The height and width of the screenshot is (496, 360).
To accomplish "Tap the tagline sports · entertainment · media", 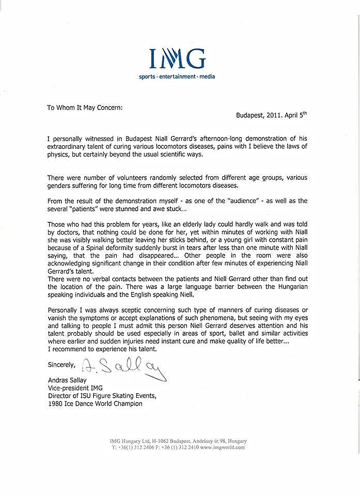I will click(177, 76).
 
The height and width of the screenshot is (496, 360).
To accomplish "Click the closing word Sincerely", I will click(61, 364).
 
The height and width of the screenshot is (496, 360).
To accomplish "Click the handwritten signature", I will click(124, 368).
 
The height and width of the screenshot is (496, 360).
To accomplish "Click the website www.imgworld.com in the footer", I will click(222, 447).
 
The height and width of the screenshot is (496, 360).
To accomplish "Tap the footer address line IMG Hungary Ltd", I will click(178, 441).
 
